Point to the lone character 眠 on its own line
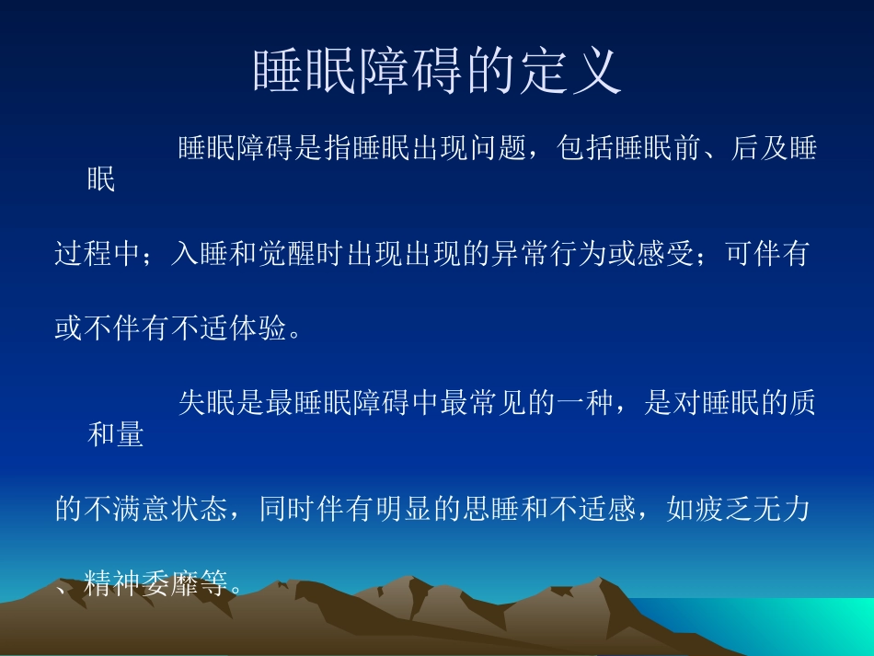101,179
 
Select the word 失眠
207,404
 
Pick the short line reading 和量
116,434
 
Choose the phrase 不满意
127,509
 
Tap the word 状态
201,509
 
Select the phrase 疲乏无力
751,509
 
